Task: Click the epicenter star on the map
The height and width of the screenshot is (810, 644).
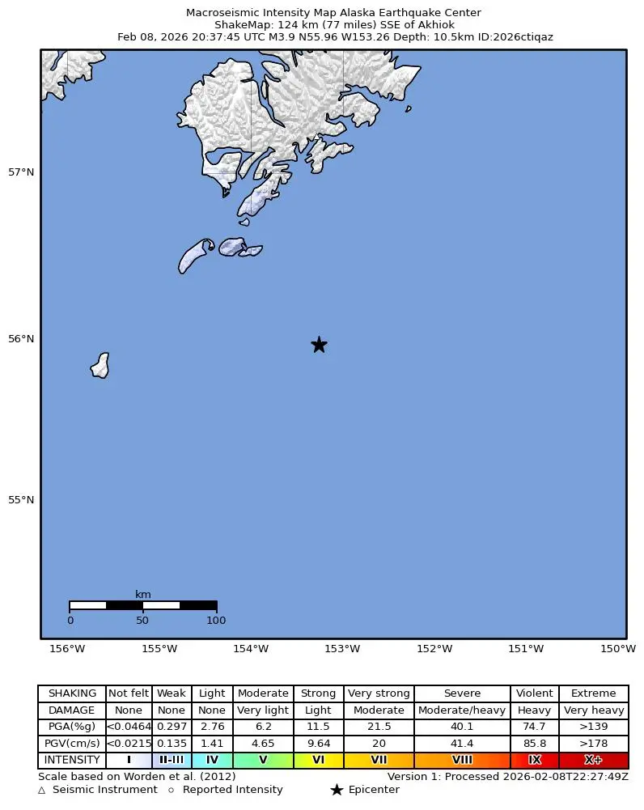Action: click(319, 345)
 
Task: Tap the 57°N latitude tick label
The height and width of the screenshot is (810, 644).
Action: click(21, 172)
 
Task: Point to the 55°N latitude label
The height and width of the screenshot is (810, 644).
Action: click(21, 499)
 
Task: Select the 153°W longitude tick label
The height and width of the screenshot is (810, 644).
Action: click(342, 649)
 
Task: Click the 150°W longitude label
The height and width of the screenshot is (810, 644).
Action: click(617, 649)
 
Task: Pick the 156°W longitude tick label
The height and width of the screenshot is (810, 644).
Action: click(67, 649)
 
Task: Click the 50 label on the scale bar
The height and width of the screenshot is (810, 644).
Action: click(142, 621)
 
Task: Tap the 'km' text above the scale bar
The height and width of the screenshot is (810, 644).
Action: click(142, 595)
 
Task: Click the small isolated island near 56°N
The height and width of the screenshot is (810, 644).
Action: click(100, 365)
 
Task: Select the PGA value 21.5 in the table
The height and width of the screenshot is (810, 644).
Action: click(378, 727)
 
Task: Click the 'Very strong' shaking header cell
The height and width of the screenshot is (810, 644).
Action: click(378, 693)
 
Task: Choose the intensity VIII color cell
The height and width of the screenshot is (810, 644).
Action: click(462, 761)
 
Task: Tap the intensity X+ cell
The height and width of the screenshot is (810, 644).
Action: click(593, 761)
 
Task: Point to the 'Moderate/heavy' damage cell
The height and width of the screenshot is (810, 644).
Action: click(462, 710)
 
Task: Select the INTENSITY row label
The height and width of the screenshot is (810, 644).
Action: click(72, 761)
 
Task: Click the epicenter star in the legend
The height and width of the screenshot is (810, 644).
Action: click(337, 790)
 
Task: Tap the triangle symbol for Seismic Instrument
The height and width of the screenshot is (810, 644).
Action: click(42, 790)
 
